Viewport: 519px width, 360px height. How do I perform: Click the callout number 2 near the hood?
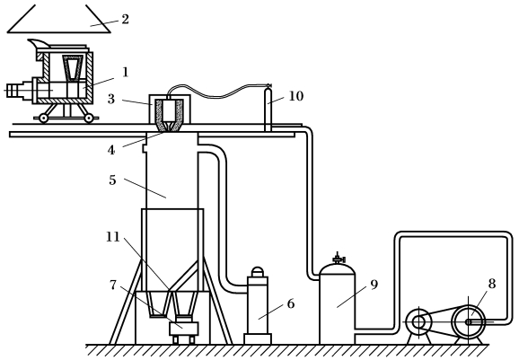(x=125, y=19)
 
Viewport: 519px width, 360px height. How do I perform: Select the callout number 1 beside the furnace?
(x=125, y=72)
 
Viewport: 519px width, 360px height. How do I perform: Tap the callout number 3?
(x=111, y=99)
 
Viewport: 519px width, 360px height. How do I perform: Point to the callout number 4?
(x=111, y=150)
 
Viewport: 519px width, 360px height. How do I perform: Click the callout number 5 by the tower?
(x=112, y=180)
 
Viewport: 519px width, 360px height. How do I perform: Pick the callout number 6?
(x=291, y=303)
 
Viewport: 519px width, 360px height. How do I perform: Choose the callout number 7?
(x=113, y=285)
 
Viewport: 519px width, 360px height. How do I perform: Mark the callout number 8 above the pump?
(x=492, y=284)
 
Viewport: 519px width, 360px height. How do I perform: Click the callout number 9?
(x=374, y=285)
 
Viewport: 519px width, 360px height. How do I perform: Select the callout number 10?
(x=296, y=96)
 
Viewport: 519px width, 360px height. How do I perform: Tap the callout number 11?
(x=113, y=237)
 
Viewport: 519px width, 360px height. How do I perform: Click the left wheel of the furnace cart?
(x=43, y=118)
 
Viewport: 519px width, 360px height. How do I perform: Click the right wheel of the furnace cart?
(x=88, y=118)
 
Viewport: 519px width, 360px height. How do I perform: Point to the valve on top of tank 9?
(x=338, y=258)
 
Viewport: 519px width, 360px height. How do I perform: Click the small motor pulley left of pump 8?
(x=418, y=321)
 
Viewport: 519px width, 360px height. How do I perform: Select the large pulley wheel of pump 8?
(x=469, y=321)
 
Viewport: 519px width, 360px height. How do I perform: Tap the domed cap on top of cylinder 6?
(x=258, y=272)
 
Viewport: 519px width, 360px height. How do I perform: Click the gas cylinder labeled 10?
(x=268, y=110)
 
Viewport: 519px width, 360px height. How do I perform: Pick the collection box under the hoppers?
(x=184, y=329)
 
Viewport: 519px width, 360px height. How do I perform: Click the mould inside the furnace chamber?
(x=72, y=67)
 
